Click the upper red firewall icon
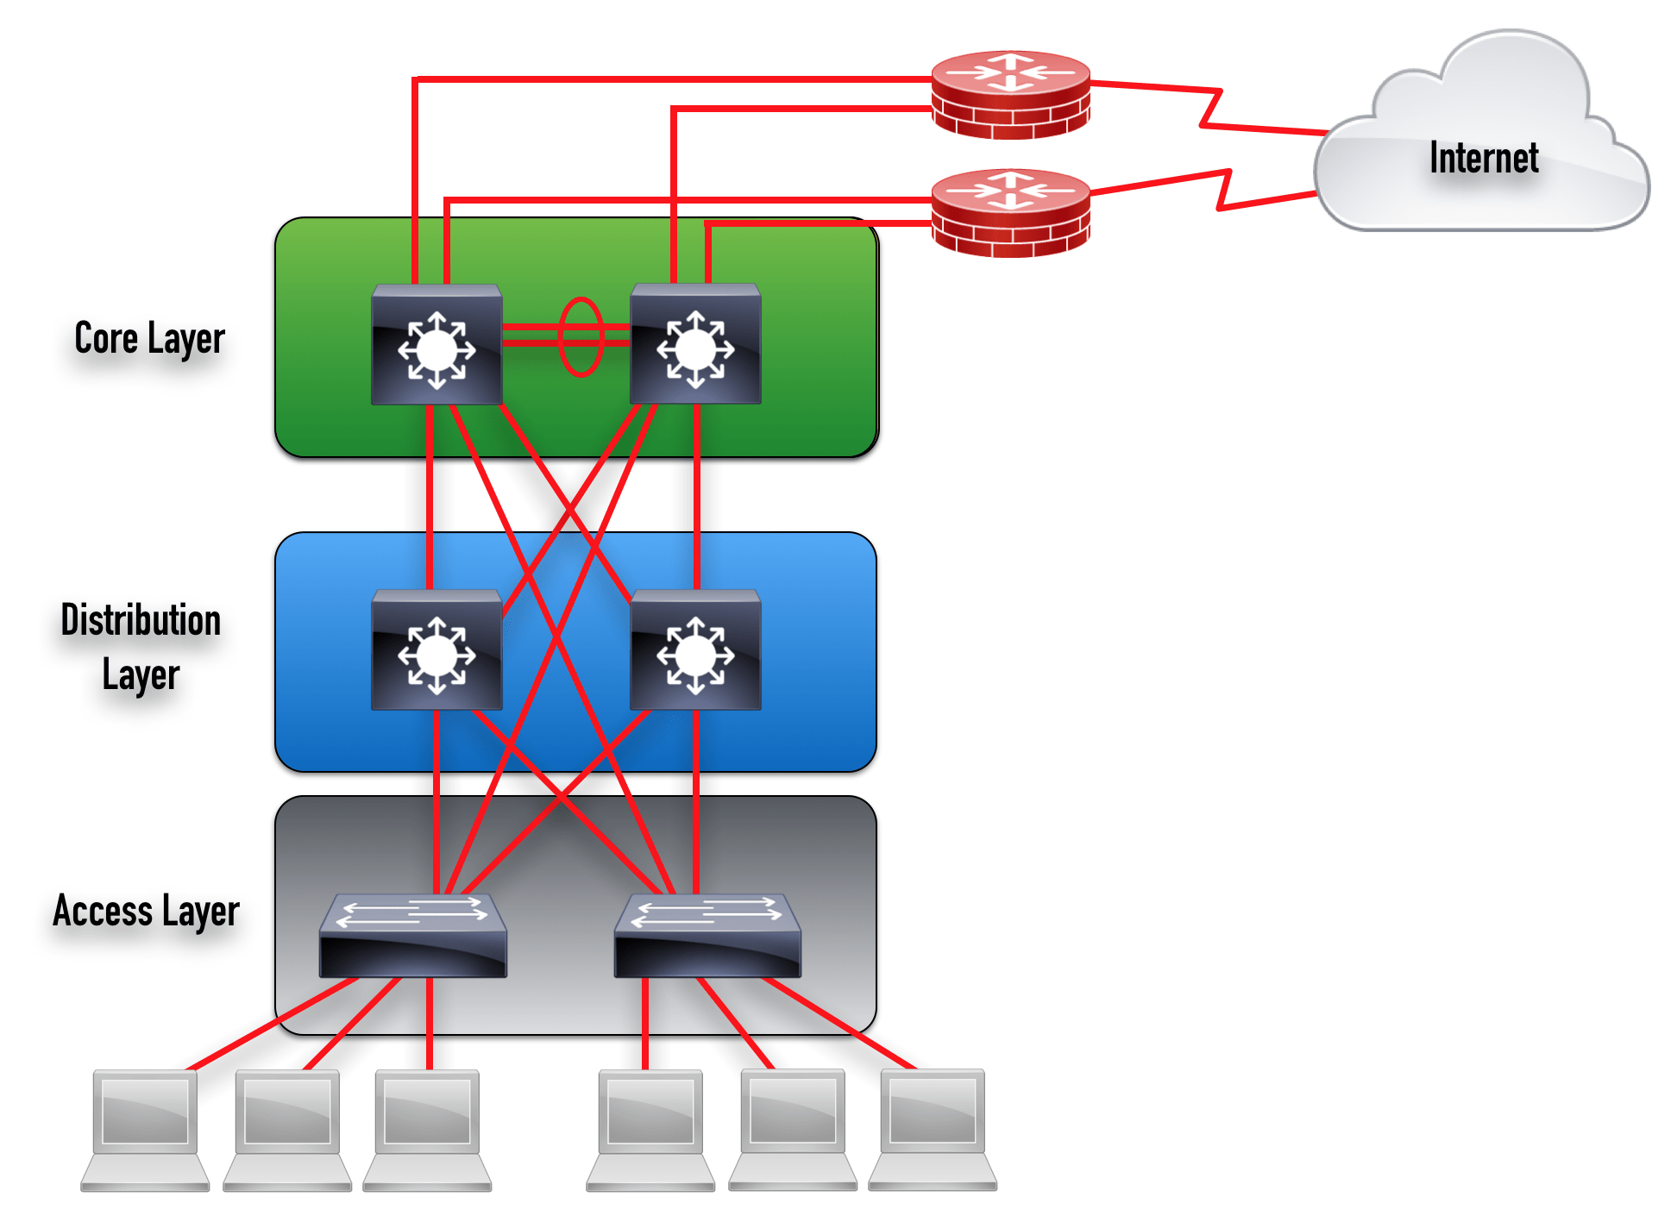1010,94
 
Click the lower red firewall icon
1010,212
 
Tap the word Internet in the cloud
1483,158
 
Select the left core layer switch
437,345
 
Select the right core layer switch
695,345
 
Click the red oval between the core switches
581,336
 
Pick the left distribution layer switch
437,650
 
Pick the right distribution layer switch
695,650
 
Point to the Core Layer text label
149,338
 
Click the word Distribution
141,620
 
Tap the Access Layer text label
146,912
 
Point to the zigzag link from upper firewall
1210,108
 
